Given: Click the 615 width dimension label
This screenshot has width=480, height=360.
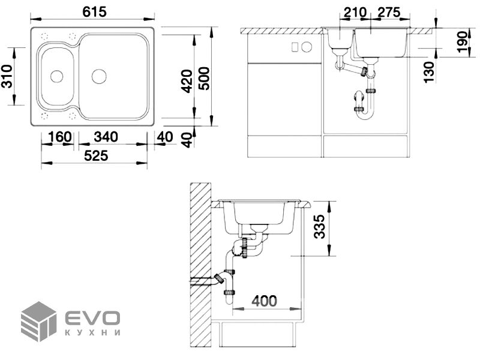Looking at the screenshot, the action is (x=94, y=12).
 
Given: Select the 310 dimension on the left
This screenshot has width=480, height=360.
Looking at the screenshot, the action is (x=7, y=76).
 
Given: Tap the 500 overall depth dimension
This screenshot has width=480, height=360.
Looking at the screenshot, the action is (x=205, y=79).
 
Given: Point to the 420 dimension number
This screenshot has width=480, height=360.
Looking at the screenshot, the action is (x=187, y=81).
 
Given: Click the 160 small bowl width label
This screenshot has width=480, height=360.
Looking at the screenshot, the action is (x=59, y=137).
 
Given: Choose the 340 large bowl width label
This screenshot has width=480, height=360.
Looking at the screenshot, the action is (x=106, y=137).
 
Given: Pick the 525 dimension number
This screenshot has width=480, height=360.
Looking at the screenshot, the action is (x=96, y=156).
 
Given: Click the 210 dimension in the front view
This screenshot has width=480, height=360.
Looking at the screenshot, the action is (x=355, y=13).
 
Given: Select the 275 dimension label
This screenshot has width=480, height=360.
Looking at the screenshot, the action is (x=389, y=13).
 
